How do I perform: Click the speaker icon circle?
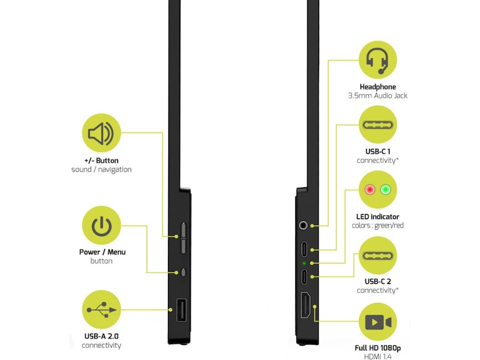101,134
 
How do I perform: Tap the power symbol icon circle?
101,226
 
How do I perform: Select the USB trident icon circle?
101,310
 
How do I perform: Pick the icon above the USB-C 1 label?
377,125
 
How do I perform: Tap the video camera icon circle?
377,323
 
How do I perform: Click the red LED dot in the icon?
368,190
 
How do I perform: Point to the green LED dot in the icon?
386,190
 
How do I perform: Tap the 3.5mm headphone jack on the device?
304,226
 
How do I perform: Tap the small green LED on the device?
304,263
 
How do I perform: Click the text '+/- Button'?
101,161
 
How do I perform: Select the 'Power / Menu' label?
101,252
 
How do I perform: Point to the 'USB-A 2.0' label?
101,336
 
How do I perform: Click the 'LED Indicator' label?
377,217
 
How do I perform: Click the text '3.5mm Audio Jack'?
377,95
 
